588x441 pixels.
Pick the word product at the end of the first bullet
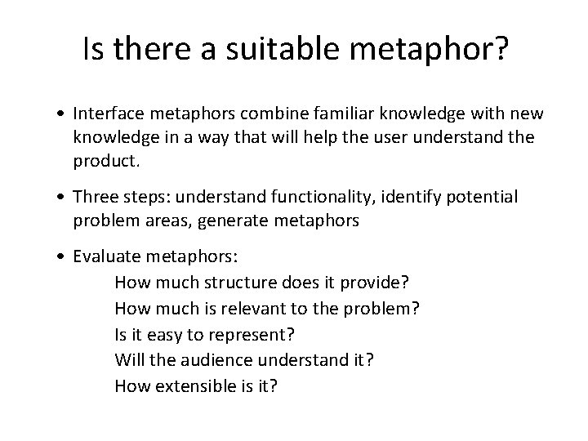[x=106, y=161]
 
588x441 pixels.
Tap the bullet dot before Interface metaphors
[x=62, y=113]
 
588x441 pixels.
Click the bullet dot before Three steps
[x=62, y=197]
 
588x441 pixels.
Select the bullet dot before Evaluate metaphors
[x=62, y=257]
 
